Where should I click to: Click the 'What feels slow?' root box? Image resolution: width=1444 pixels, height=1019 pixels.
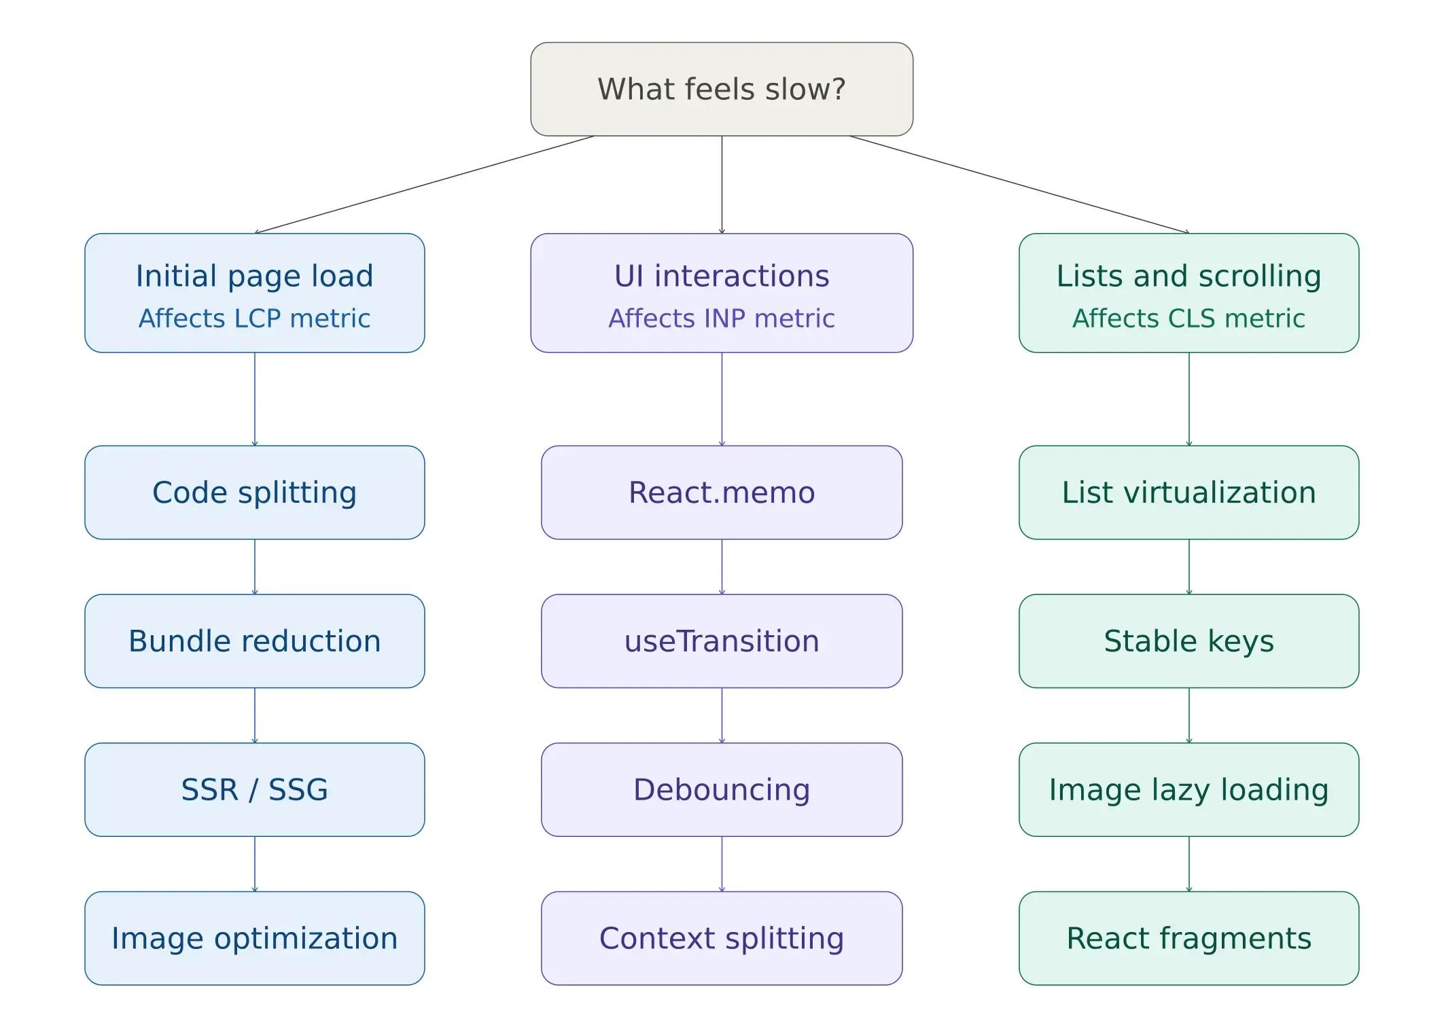click(722, 89)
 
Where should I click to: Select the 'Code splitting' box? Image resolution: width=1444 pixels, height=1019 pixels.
click(255, 493)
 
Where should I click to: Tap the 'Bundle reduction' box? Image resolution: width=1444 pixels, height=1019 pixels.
click(255, 641)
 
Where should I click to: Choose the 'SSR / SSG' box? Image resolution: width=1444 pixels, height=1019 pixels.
click(255, 789)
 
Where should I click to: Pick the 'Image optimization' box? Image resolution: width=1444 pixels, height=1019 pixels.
click(255, 938)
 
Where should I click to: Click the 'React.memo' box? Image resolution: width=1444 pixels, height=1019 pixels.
click(722, 493)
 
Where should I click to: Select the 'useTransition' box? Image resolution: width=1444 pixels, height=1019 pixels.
click(722, 641)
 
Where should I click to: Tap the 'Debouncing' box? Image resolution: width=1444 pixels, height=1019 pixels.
click(722, 789)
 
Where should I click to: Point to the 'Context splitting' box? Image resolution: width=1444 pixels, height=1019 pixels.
click(722, 938)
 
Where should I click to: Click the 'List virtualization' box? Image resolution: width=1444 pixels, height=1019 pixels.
click(1188, 493)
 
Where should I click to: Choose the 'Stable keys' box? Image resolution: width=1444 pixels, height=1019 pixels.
click(1188, 641)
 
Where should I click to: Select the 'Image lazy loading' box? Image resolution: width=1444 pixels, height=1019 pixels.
click(1188, 789)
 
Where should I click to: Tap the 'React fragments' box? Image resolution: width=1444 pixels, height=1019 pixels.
click(1188, 938)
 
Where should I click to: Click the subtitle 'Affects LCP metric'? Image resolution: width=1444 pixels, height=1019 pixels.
click(255, 318)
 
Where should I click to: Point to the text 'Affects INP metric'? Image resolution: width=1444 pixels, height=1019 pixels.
click(722, 318)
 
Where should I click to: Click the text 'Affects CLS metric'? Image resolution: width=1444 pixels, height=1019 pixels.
click(1188, 318)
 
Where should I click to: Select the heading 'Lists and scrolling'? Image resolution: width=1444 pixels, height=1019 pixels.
click(1188, 276)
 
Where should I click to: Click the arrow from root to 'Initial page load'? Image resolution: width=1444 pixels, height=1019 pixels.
click(425, 184)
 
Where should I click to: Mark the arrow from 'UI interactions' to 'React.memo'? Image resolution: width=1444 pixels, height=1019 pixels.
click(722, 399)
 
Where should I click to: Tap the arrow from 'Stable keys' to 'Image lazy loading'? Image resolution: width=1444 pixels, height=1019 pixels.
click(1188, 715)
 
